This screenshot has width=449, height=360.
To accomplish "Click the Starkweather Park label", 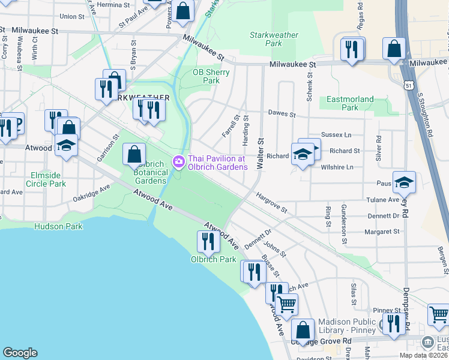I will coord(274,39).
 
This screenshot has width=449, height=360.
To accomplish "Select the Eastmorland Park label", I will coord(350,103).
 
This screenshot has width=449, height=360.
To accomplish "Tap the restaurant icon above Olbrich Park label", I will coord(207,241).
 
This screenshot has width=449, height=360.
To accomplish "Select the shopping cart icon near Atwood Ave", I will coord(287,304).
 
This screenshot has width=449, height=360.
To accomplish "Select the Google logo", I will coord(20,352).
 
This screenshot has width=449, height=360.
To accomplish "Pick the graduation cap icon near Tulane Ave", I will coord(405,182).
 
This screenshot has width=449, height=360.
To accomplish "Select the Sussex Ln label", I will coord(336,135).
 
